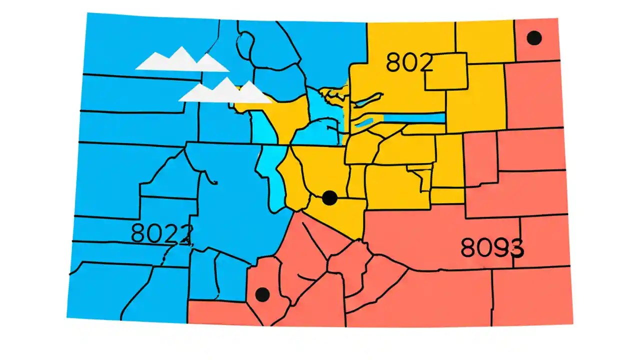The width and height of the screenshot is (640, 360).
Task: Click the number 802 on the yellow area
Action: [409, 62]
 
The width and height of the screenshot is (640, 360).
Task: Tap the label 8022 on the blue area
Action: [161, 233]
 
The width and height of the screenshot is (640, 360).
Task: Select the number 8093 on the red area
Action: [491, 247]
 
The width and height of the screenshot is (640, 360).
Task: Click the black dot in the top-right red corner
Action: [534, 38]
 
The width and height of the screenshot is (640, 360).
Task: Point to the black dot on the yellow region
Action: [329, 198]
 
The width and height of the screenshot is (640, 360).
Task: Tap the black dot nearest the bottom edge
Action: [262, 294]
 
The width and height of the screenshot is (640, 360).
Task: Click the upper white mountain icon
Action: [181, 60]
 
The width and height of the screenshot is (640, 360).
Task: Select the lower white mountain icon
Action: [225, 91]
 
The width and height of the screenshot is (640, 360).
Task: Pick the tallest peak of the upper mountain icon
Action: [181, 49]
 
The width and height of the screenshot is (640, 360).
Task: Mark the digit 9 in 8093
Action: [499, 247]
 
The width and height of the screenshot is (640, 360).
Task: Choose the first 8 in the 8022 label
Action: [138, 233]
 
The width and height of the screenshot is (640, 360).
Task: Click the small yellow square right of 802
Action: [446, 71]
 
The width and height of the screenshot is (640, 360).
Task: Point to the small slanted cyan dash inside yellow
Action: [365, 122]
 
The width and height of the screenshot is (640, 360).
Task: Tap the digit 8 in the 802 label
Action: [393, 62]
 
